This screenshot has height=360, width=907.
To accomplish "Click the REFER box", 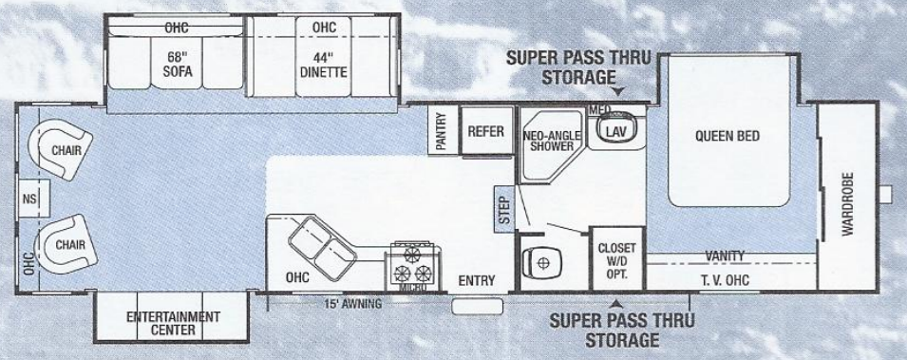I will click(x=485, y=132).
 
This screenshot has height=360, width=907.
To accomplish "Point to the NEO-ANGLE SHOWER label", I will click(x=549, y=142).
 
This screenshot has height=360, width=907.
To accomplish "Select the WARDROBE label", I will click(x=847, y=204).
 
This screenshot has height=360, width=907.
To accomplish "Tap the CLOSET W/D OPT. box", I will click(x=615, y=256).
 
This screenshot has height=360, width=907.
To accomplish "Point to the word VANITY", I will click(x=724, y=256).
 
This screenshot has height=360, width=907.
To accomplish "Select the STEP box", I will click(x=503, y=210).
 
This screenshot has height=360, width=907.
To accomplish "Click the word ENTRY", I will click(x=475, y=280).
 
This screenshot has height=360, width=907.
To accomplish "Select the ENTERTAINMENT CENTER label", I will click(x=174, y=322).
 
